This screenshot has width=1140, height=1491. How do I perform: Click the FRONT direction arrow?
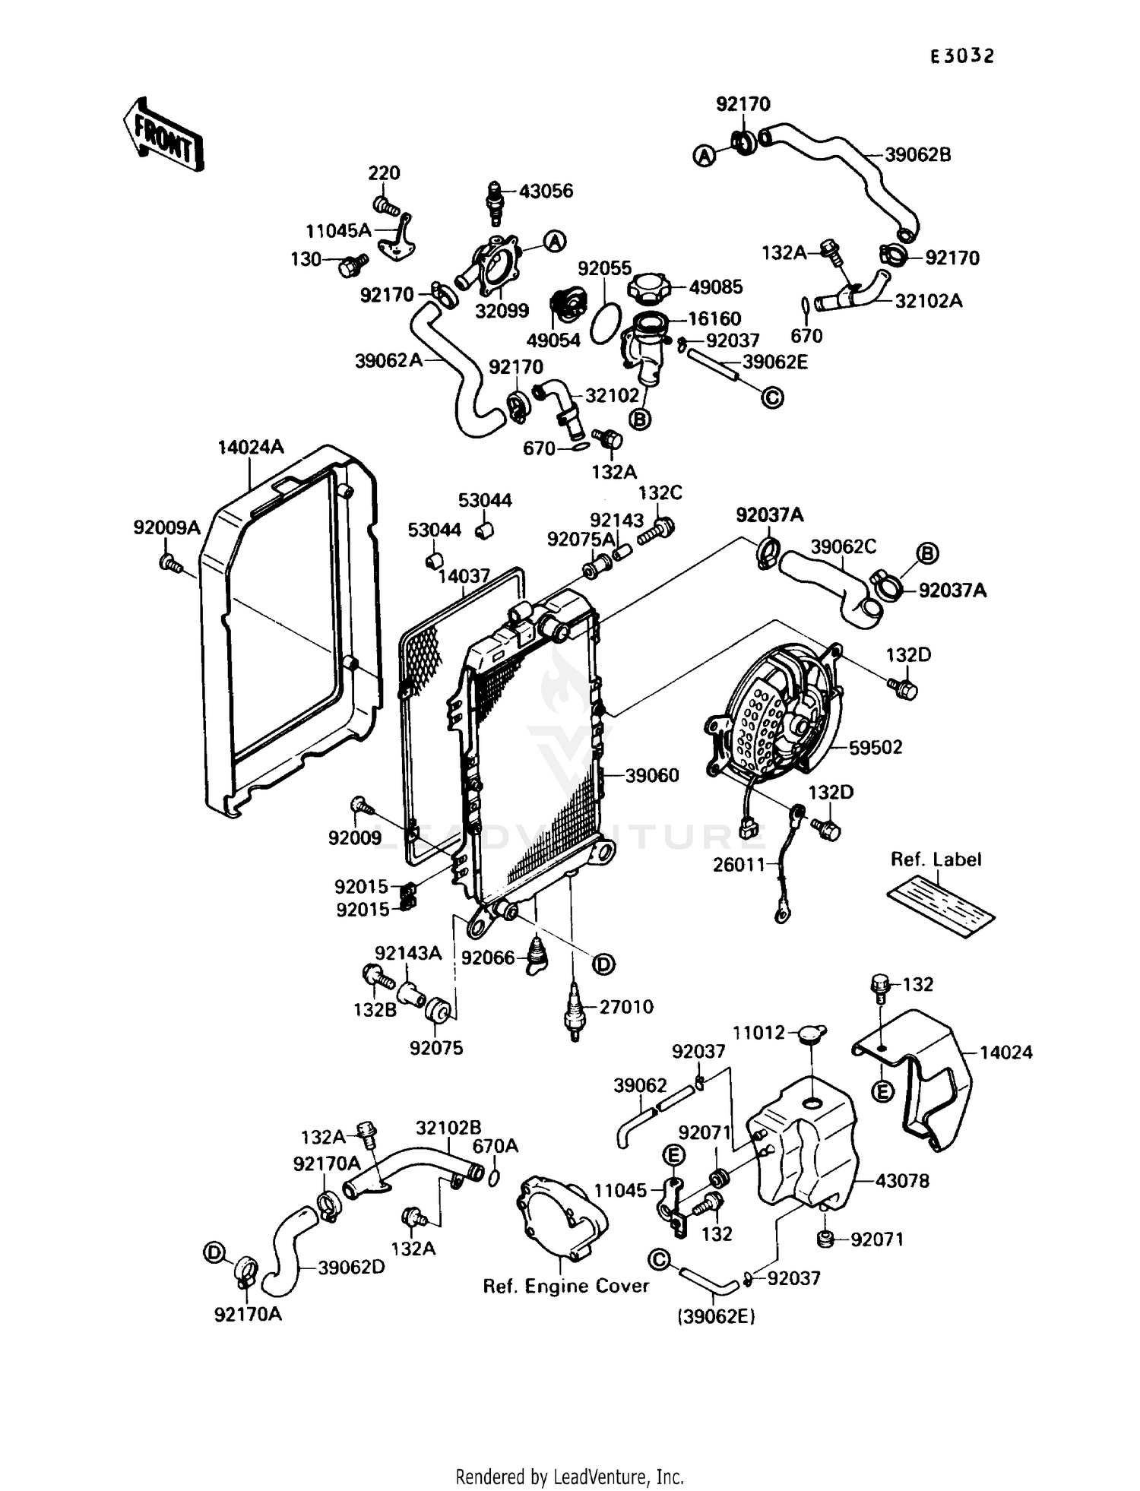point(163,135)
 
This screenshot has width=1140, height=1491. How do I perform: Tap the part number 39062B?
point(917,155)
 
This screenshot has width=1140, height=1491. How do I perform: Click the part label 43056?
point(546,192)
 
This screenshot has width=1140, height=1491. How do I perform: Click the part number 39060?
point(652,776)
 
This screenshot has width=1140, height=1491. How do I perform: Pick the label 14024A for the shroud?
point(251,447)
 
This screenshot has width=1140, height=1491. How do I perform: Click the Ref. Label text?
point(936,859)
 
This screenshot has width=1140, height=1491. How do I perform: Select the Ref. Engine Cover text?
point(566,1286)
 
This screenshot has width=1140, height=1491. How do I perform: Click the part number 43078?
point(902,1181)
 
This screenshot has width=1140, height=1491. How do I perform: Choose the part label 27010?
point(626,1007)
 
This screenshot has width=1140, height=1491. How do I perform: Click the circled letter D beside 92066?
point(603,965)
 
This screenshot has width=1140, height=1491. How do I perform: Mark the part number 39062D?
point(351,1268)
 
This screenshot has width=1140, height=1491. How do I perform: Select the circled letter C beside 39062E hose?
point(772,397)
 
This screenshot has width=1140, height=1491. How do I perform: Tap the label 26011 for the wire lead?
point(739,865)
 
